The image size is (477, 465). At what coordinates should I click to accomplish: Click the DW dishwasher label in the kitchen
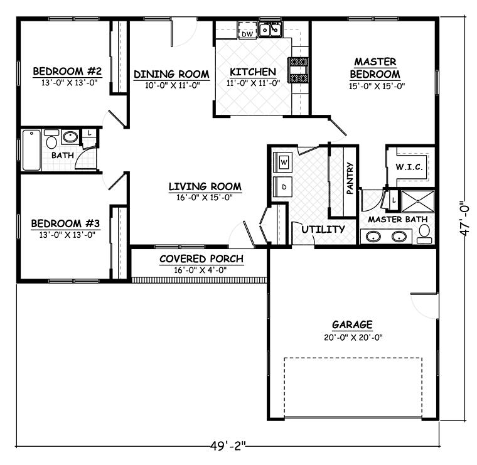point(247,34)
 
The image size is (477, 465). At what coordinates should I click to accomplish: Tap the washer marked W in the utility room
point(284,163)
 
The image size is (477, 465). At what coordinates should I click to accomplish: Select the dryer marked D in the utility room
point(284,187)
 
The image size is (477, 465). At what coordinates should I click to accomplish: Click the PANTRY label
point(350,179)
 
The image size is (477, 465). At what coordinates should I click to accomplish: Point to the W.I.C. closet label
point(407,167)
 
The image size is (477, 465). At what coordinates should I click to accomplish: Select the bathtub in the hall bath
point(31,150)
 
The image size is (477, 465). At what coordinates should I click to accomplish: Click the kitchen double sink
point(271,29)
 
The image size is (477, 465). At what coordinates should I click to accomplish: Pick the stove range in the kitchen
point(298,70)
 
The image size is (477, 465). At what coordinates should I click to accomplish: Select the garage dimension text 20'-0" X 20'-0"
point(352,337)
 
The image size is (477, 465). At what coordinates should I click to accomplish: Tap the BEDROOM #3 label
point(65,223)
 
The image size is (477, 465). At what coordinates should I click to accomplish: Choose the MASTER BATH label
point(397,219)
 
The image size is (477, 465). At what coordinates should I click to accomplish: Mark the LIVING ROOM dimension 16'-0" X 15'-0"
point(205,198)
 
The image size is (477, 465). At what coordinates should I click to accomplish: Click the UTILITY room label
point(323,229)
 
